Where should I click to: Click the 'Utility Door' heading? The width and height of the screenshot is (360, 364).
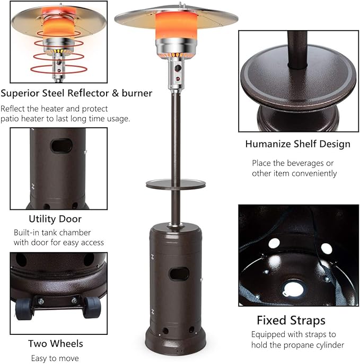click(x=55, y=219)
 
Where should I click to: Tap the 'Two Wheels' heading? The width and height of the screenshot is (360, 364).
click(x=56, y=343)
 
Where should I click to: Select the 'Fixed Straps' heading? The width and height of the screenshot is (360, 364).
click(x=291, y=321)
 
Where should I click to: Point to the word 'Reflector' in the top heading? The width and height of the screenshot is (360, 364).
click(x=88, y=93)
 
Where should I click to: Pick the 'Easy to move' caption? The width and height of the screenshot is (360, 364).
click(x=55, y=358)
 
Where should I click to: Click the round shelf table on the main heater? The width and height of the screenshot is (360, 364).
click(x=176, y=184)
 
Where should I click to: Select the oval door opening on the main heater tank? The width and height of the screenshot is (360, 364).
click(x=179, y=274)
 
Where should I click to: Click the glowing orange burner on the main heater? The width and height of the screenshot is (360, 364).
click(x=176, y=25)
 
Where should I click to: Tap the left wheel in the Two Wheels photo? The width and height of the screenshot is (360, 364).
click(x=23, y=308)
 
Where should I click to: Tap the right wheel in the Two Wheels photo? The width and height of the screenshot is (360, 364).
click(x=92, y=307)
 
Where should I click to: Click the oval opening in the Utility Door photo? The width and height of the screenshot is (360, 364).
click(x=62, y=146)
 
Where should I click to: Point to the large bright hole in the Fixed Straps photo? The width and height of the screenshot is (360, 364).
click(x=294, y=289)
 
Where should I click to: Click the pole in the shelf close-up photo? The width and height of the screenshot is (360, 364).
click(x=297, y=49)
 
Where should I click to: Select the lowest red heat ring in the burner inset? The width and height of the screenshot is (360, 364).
click(x=59, y=69)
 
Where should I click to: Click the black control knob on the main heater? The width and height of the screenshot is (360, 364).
click(x=178, y=68)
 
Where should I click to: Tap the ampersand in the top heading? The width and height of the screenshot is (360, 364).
click(x=115, y=93)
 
